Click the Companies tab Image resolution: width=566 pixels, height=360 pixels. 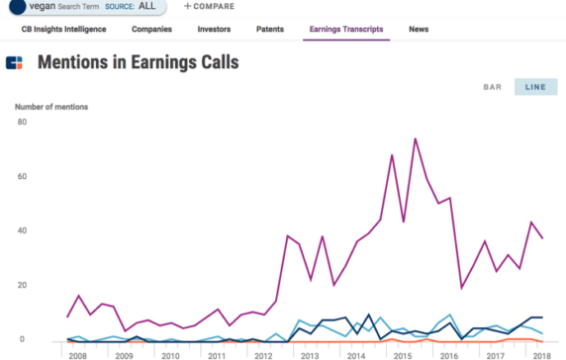151,30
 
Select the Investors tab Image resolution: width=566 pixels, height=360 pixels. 214,30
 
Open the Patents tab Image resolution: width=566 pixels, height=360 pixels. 269,30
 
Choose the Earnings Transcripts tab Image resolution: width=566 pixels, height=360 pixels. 346,30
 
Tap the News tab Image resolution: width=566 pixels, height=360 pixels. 419,30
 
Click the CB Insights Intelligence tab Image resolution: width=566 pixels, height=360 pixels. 62,30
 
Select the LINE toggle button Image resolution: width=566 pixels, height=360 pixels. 535,87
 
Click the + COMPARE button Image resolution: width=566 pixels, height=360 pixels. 208,6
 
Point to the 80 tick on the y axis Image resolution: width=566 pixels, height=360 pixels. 21,122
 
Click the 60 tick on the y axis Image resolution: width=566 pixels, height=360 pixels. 21,177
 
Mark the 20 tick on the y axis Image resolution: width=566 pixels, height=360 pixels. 21,286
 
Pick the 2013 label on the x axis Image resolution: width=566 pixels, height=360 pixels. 309,353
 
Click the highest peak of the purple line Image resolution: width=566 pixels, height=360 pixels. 415,138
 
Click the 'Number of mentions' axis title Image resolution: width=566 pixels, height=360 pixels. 51,106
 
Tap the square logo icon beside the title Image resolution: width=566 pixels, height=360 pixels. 14,64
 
